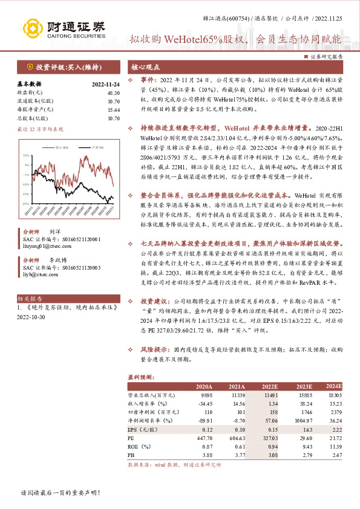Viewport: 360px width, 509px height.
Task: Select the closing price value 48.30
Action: [x=113, y=93]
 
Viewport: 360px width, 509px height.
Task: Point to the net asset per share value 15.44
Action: [x=113, y=109]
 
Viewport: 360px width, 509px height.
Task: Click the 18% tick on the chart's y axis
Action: [x=26, y=155]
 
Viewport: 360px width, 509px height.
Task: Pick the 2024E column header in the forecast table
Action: [x=333, y=386]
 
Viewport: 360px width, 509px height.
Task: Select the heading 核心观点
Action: [x=145, y=67]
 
